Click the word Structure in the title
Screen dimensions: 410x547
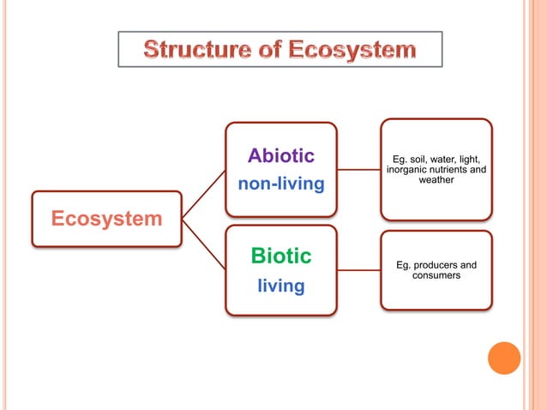click(190, 50)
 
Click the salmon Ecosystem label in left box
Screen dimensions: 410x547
click(106, 219)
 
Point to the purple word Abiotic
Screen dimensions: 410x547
click(280, 155)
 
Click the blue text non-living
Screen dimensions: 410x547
click(280, 184)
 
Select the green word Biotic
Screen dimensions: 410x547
click(280, 256)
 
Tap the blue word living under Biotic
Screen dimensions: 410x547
click(280, 286)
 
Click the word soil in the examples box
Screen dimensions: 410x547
click(422, 159)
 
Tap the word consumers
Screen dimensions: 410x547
click(436, 275)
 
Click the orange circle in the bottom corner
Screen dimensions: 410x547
click(504, 358)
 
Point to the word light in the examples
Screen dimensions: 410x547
click(479, 159)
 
